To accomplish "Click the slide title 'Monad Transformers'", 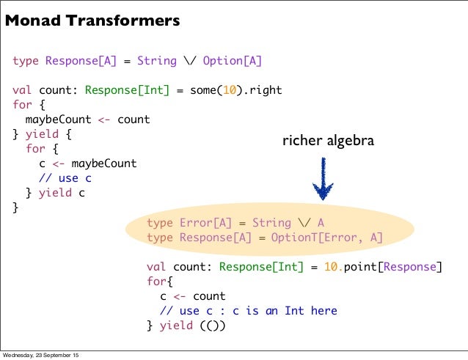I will click(92, 22).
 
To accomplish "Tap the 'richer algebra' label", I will click(328, 140).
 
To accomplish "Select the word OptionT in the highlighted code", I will click(294, 238).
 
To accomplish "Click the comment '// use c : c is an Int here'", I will click(248, 311).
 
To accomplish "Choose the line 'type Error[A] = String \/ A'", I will click(235, 223).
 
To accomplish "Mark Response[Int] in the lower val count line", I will click(260, 266).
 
